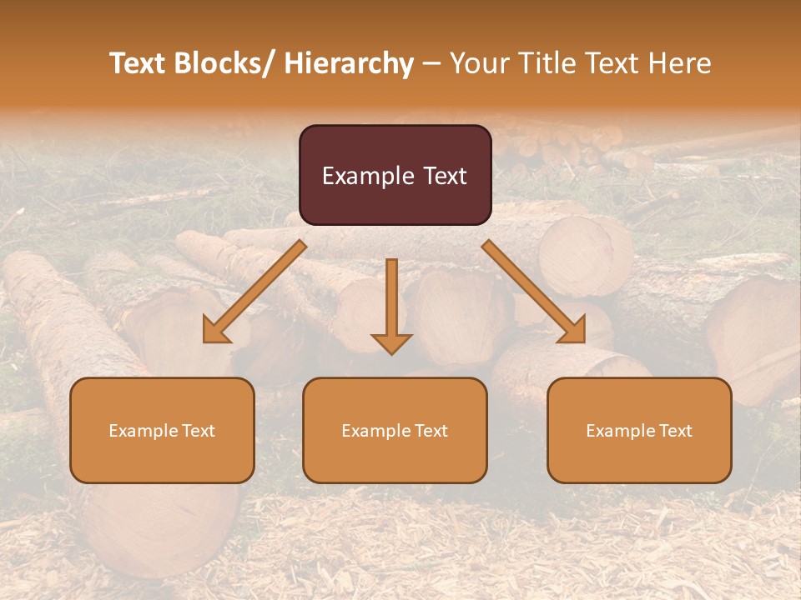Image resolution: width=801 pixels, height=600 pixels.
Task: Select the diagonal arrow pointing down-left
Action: coord(255,292)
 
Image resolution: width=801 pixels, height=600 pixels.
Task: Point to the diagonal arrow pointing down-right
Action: coord(534,292)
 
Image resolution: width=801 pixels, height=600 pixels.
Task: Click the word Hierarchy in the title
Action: coord(349,63)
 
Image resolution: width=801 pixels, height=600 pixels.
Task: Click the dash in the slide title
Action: coord(431,65)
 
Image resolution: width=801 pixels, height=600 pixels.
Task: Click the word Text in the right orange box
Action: coord(674,431)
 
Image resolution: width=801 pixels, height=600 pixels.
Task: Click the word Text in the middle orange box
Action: coord(430,431)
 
